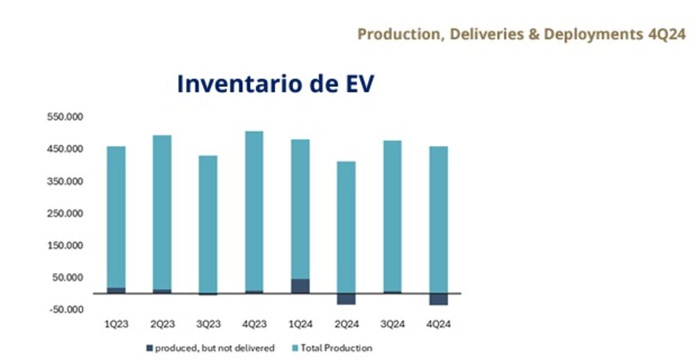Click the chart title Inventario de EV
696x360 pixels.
(x=276, y=83)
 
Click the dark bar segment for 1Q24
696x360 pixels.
(x=300, y=285)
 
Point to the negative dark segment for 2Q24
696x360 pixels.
(x=346, y=299)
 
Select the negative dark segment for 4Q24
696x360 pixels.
(x=438, y=299)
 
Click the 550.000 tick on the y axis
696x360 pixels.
(x=65, y=118)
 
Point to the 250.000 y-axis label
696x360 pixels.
(x=65, y=214)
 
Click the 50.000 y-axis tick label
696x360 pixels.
(x=68, y=278)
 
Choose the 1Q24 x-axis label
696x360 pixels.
(x=300, y=324)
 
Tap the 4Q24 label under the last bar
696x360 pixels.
(x=438, y=324)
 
